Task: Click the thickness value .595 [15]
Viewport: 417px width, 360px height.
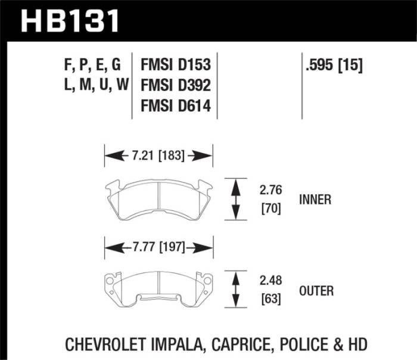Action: pos(334,64)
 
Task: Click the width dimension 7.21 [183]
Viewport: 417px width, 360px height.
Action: pos(158,156)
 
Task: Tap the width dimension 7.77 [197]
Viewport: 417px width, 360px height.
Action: pos(158,246)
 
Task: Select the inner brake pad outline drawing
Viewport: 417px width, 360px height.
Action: pos(158,197)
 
